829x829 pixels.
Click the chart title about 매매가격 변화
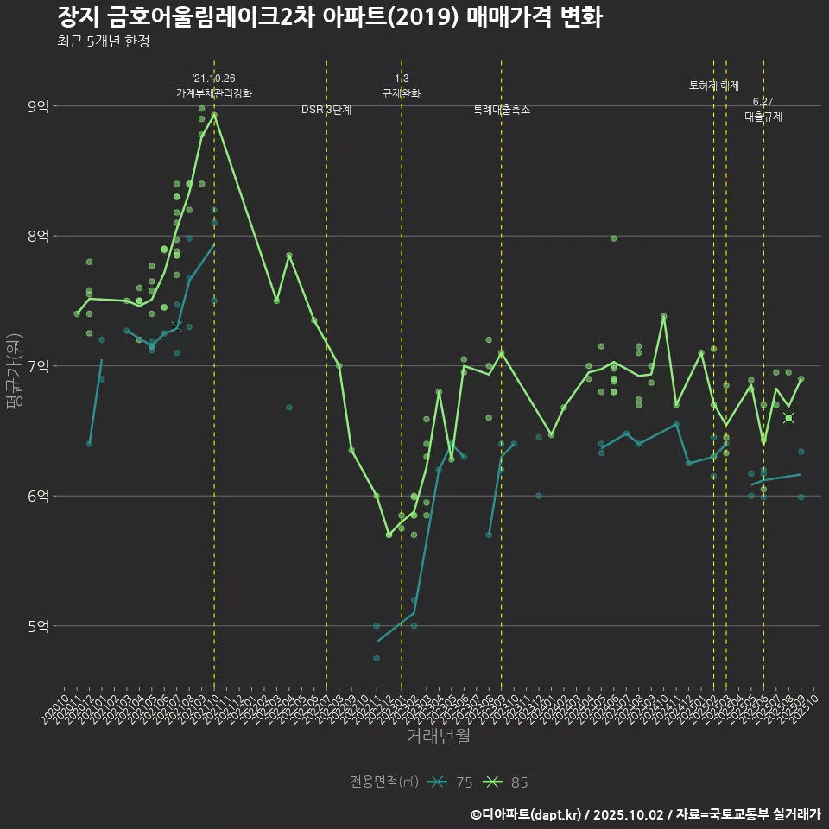[x=329, y=17]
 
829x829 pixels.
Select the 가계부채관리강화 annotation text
[x=214, y=93]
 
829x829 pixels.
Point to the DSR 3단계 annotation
[x=326, y=111]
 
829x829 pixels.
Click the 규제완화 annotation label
[x=402, y=93]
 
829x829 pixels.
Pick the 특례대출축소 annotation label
[x=502, y=111]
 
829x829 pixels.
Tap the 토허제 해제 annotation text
[x=714, y=85]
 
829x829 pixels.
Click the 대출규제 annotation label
[x=763, y=117]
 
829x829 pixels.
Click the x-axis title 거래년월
[x=439, y=737]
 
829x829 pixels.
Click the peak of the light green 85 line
[x=214, y=115]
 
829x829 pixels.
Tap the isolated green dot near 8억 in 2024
[x=614, y=238]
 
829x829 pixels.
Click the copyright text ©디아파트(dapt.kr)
[x=530, y=814]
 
